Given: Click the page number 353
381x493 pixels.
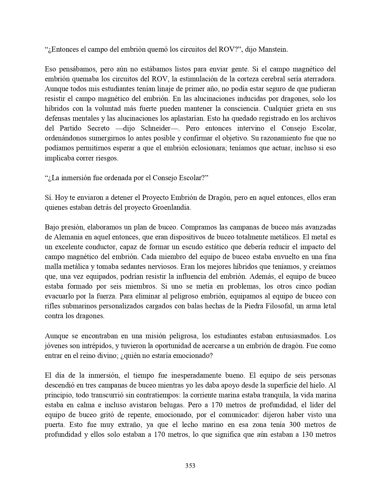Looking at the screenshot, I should (190, 466).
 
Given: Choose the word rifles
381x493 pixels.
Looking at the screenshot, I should (52, 306).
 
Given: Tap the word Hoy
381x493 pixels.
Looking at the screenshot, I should (59, 198).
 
